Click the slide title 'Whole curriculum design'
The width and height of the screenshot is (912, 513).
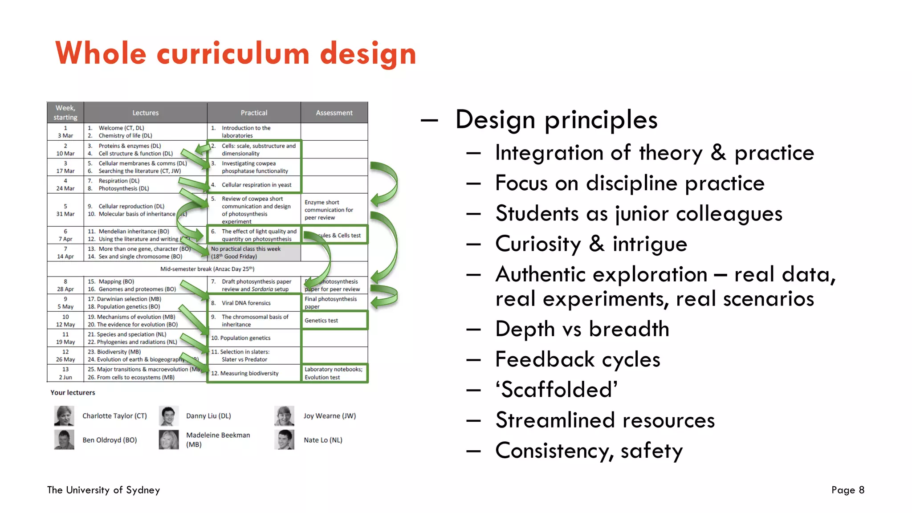point(236,53)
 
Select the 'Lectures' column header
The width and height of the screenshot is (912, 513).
point(145,113)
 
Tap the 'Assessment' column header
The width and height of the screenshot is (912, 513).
point(334,113)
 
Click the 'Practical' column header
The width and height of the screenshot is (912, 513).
point(254,113)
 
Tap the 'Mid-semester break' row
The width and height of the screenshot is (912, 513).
point(207,269)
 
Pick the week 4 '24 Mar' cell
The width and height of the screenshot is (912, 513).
point(65,185)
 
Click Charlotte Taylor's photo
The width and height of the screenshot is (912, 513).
point(64,416)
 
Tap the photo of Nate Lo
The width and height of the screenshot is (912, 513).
point(285,440)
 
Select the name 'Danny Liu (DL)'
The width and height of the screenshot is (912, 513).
point(208,416)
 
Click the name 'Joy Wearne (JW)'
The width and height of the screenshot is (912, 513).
point(330,416)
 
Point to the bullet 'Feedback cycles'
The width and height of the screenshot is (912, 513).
point(578,359)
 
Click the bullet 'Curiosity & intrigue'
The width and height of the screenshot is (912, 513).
point(591,244)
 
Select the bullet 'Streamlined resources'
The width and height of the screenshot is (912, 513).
point(605,420)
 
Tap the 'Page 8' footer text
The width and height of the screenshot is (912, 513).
point(847,490)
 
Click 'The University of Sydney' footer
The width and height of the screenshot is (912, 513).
point(103,490)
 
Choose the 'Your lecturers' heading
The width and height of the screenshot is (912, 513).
point(73,392)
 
